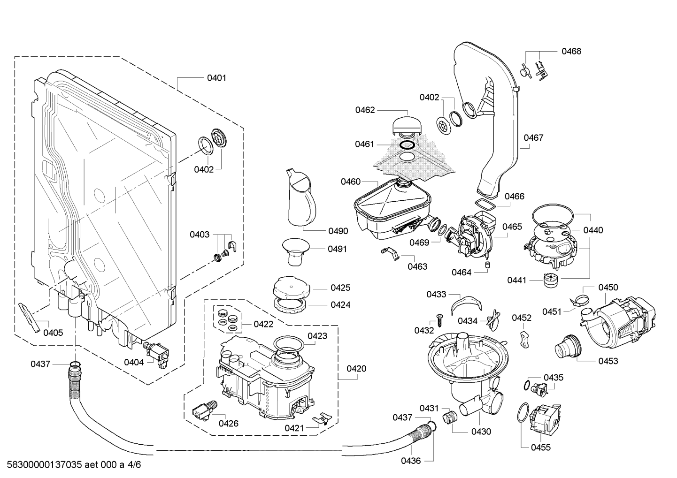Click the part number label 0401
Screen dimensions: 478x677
coord(216,78)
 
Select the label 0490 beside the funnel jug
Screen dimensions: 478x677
coord(338,231)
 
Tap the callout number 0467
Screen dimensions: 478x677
coord(533,137)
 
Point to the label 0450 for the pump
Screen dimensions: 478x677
coord(608,287)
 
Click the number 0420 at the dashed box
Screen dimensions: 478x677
coord(356,369)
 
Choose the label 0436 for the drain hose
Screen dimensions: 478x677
coord(411,461)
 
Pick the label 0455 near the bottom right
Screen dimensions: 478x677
coord(540,448)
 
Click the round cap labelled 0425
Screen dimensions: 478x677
coord(290,287)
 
